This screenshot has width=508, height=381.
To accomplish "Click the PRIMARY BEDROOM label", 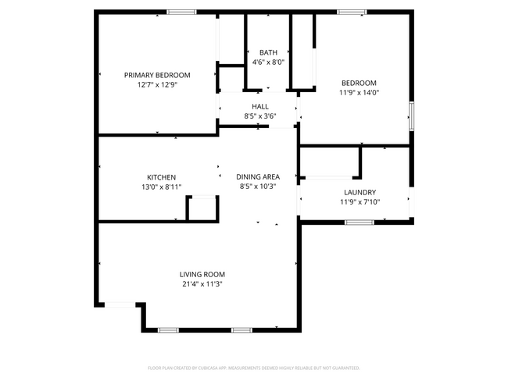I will [x=157, y=75].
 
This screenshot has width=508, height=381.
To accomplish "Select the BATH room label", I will [x=268, y=53].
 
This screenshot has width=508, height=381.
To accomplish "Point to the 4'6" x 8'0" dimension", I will [x=268, y=62].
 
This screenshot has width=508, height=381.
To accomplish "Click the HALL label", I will [x=260, y=106].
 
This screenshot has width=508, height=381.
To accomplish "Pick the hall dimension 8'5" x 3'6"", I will [x=260, y=116].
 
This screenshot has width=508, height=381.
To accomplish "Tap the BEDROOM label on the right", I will [x=359, y=83].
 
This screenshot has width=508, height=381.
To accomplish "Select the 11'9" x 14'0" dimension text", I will [x=359, y=92].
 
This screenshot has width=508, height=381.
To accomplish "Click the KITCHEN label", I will [x=161, y=177].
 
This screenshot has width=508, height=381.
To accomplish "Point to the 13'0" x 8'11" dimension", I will [x=161, y=187].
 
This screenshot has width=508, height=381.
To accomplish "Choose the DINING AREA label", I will [x=258, y=176].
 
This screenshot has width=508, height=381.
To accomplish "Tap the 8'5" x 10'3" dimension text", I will [x=258, y=186].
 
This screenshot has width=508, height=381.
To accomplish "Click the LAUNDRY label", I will [x=360, y=192].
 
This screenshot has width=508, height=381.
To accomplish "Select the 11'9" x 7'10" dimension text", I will [x=360, y=201].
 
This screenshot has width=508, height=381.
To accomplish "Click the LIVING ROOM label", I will [x=202, y=274].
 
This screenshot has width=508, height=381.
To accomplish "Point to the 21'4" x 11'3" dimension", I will [x=202, y=283].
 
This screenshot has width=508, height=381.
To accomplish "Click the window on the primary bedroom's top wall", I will [x=181, y=12].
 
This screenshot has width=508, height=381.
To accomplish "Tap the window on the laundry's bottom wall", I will [x=359, y=223].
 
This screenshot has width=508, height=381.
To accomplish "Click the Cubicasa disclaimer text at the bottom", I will [x=253, y=367].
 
